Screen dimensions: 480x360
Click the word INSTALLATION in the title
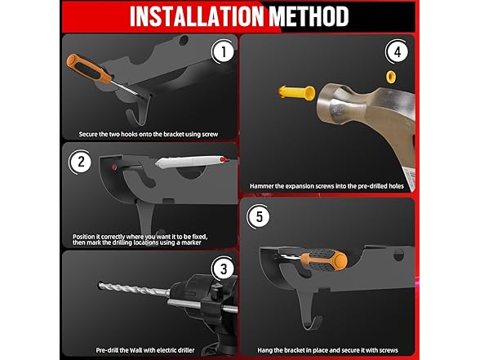point(197,16)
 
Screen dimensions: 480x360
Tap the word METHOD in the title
point(309,16)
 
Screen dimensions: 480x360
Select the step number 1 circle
point(224,51)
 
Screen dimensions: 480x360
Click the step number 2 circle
point(81,162)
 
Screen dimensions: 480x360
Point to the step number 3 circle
point(224,269)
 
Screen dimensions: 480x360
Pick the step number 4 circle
point(397,52)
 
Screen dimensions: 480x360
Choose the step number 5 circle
point(259,216)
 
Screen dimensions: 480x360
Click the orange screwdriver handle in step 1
point(89,69)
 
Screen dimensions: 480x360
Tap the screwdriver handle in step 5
point(324,260)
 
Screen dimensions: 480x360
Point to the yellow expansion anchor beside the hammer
point(296,92)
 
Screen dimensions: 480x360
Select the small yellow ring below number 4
point(390,77)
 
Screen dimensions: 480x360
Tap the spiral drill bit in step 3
point(134,289)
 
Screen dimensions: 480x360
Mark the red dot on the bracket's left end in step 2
point(114,167)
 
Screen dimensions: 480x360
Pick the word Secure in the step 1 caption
point(88,134)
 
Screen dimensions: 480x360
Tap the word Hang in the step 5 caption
point(264,350)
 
